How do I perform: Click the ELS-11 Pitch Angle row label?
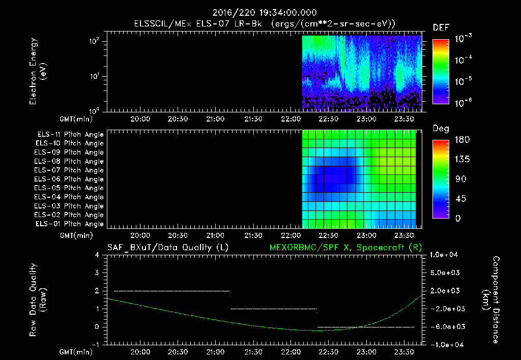coord(70,135)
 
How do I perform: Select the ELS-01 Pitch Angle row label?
coord(70,224)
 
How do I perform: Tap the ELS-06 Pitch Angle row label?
coord(70,179)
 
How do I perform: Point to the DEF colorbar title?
coord(441,28)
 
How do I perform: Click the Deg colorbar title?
coord(441,129)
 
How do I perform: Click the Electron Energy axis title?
coord(38,73)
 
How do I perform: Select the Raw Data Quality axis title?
coord(38,299)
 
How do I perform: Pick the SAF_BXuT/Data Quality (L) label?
coord(167,248)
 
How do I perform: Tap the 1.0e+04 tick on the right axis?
coord(446,255)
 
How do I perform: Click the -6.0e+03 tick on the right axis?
coord(446,326)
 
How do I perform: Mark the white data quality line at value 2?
coord(172,291)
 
